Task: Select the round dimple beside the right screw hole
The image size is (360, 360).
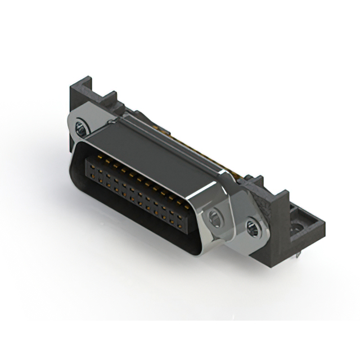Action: coord(215,218)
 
